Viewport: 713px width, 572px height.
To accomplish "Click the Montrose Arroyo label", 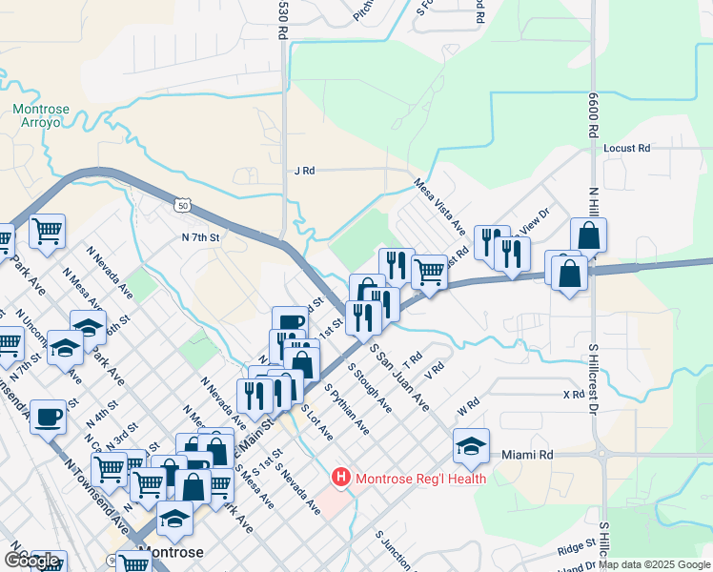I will (40, 115).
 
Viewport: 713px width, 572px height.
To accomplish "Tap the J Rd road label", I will (304, 171).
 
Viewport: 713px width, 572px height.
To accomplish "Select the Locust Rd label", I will (626, 149).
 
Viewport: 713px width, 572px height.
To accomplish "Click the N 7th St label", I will (201, 236).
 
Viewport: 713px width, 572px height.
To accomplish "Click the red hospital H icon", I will (340, 477).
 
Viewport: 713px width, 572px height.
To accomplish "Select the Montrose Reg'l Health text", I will (420, 479).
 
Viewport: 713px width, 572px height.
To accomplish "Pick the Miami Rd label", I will (527, 456).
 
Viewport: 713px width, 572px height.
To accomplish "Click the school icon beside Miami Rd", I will (471, 444).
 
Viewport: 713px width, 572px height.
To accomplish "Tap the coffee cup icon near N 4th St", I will (48, 416).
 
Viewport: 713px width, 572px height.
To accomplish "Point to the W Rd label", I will (466, 406).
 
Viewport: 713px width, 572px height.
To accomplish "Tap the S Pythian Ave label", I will (347, 410).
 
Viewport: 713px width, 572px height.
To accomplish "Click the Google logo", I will (31, 560).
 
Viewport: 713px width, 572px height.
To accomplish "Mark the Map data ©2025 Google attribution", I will (660, 564).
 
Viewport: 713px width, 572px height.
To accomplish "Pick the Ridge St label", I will (577, 547).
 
